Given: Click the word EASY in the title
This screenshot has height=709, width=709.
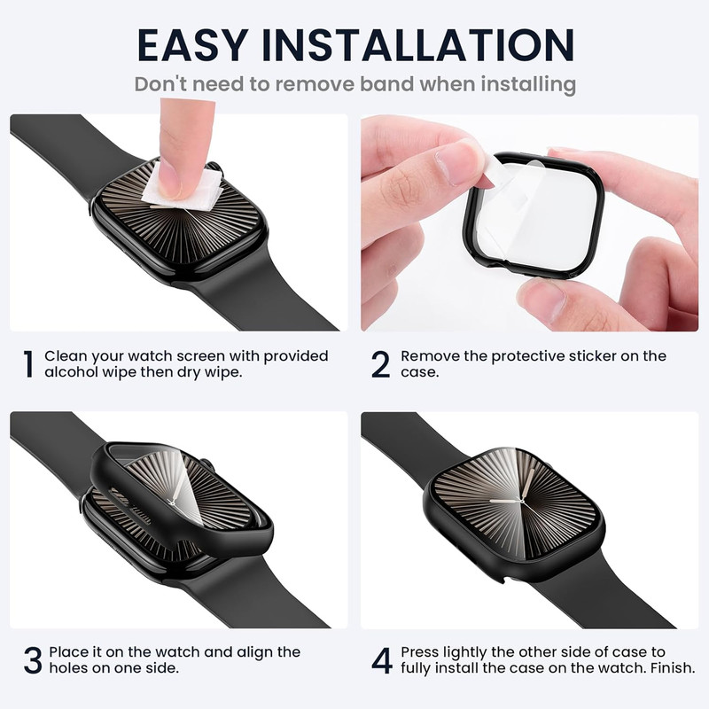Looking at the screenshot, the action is [192, 45].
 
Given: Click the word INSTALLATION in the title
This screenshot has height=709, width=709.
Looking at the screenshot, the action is [418, 45].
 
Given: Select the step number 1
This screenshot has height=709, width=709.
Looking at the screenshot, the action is [28, 364].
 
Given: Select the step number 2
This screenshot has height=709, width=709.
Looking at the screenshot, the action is [380, 364].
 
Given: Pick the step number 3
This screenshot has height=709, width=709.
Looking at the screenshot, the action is [33, 660].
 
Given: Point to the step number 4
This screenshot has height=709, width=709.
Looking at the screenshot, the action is [382, 660].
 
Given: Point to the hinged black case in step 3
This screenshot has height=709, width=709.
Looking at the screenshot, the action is [181, 497].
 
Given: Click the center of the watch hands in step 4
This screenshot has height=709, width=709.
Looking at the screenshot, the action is [522, 502].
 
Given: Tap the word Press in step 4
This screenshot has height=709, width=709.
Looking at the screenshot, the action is [419, 652].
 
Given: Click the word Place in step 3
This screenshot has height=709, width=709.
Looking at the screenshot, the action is [69, 652].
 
